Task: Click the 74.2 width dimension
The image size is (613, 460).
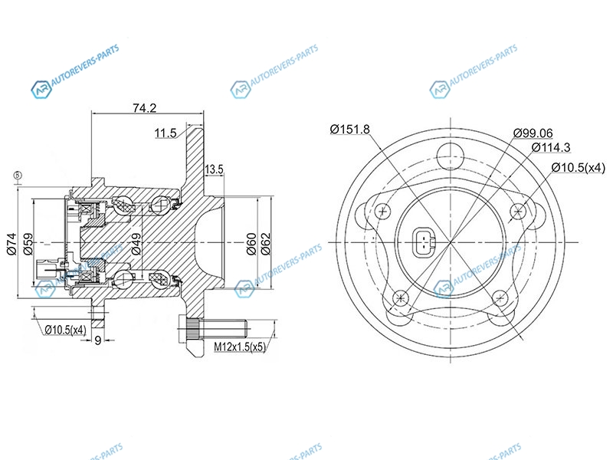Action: (x=144, y=108)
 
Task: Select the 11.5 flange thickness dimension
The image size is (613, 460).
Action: (x=166, y=133)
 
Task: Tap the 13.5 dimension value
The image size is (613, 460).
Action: (x=214, y=169)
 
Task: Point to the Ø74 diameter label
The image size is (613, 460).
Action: (x=12, y=244)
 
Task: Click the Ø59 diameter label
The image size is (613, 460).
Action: (x=28, y=244)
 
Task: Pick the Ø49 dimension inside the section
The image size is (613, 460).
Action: (x=136, y=244)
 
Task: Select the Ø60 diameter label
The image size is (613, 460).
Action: (x=251, y=244)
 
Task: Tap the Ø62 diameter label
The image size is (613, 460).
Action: (x=266, y=244)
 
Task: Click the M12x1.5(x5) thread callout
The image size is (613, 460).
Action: (x=240, y=347)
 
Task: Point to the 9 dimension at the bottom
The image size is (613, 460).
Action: (x=98, y=340)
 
